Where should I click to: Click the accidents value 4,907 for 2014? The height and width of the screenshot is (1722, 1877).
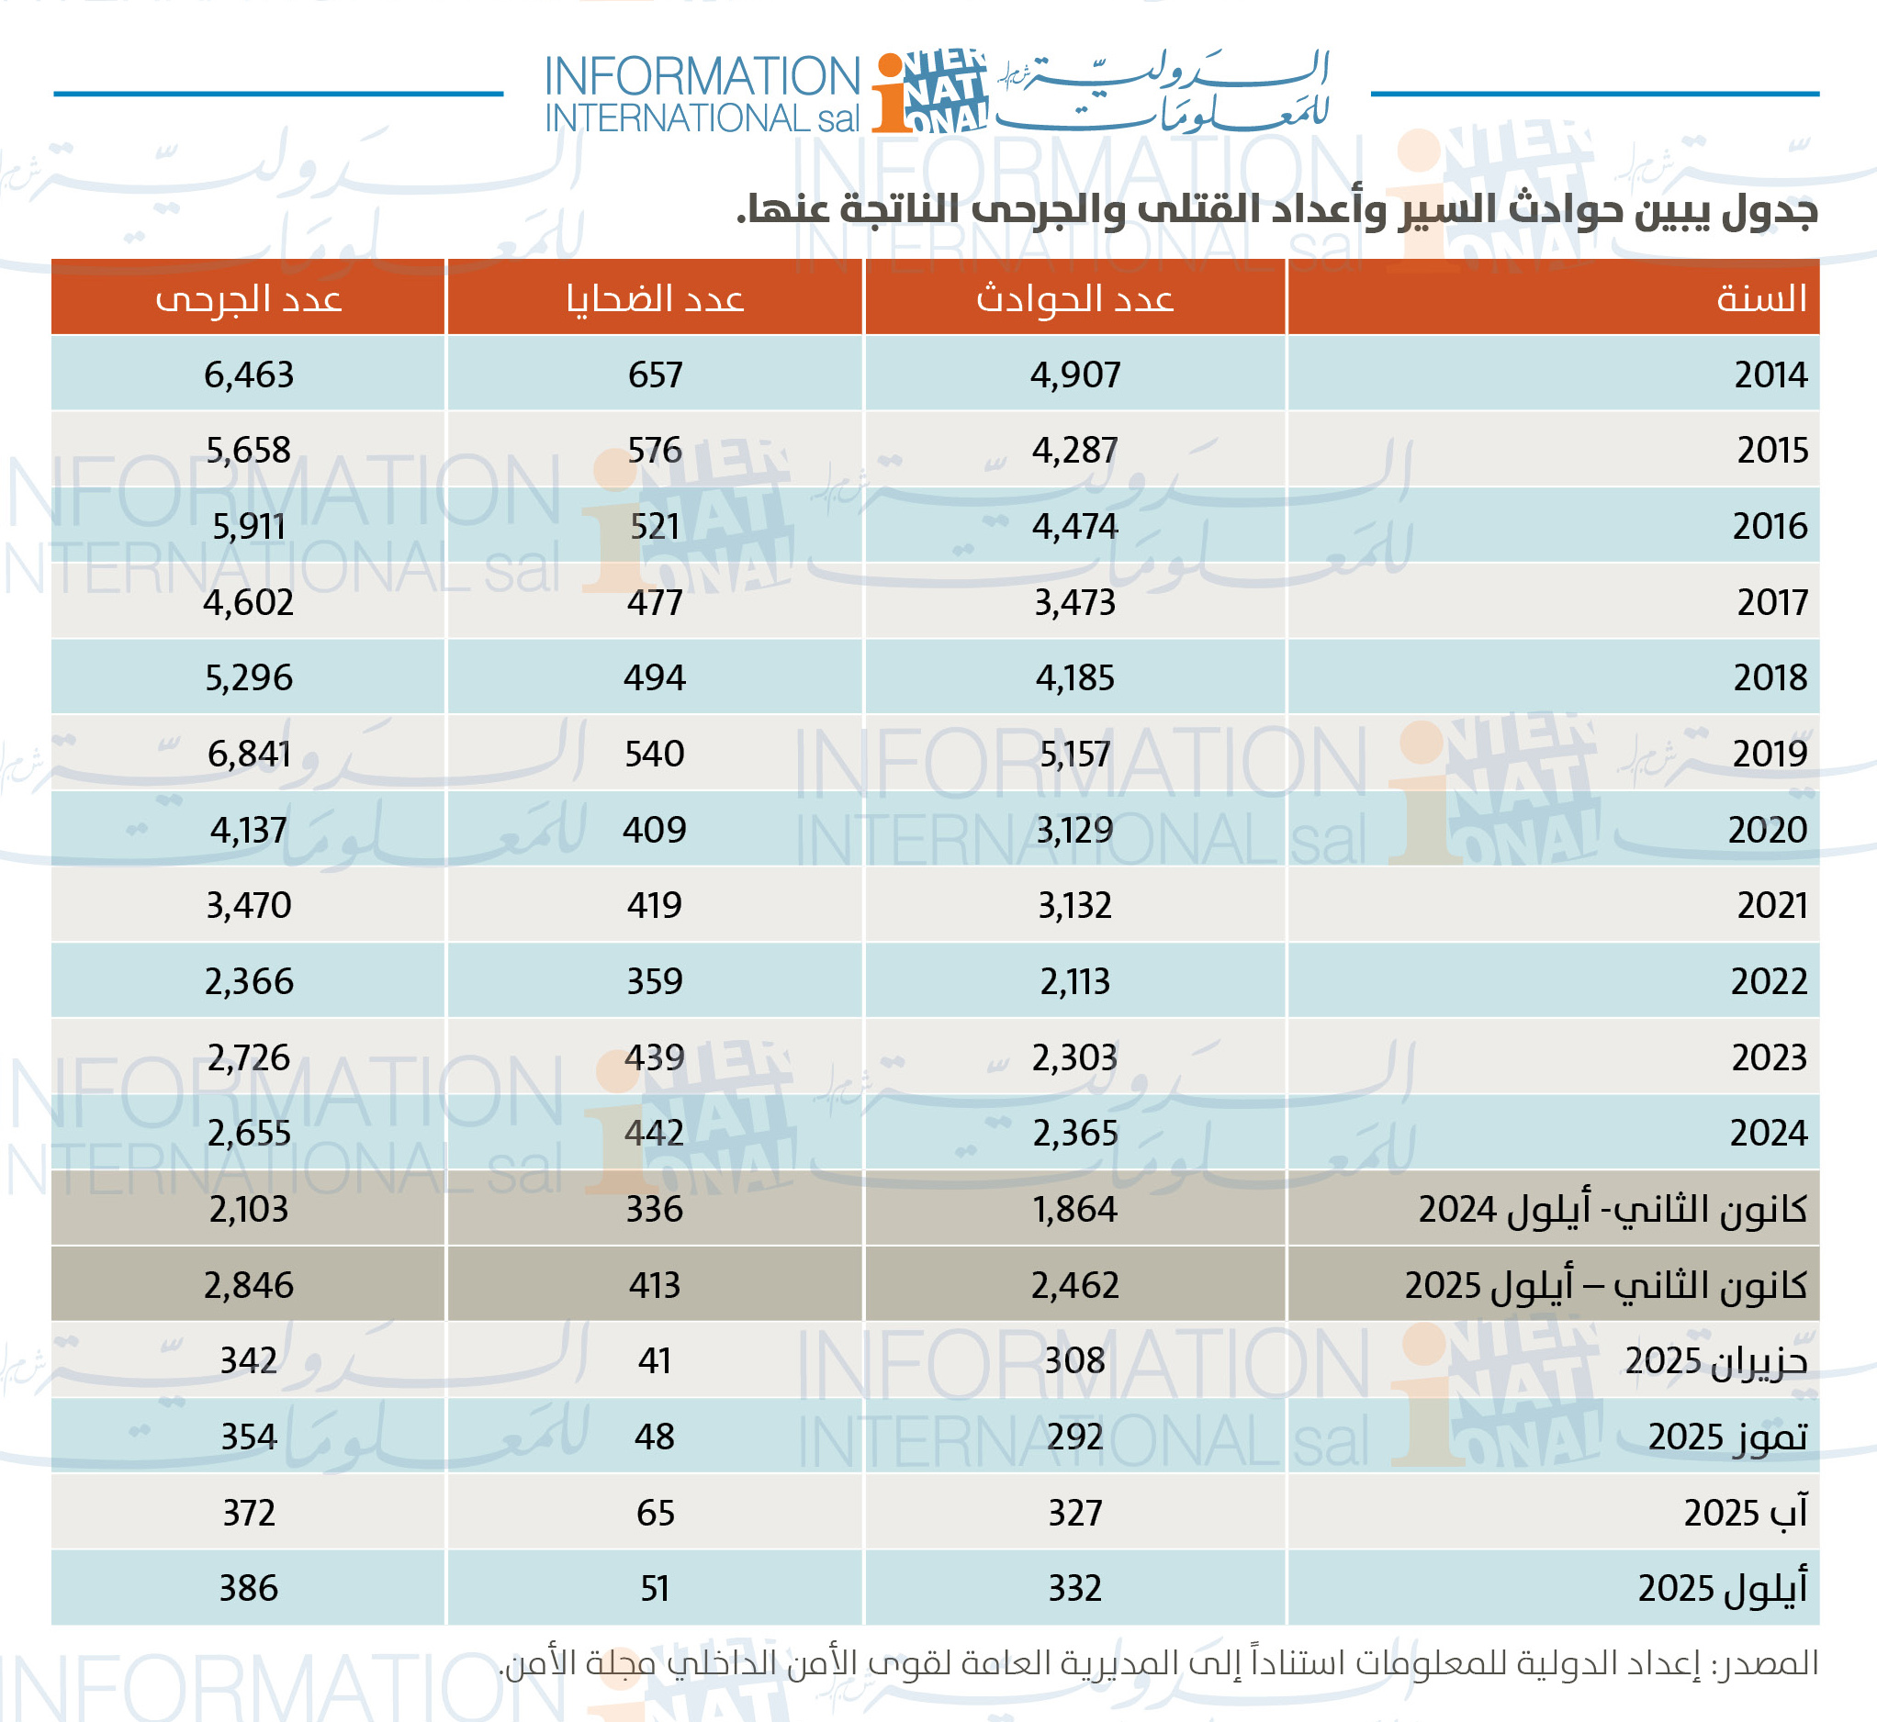(x=1074, y=375)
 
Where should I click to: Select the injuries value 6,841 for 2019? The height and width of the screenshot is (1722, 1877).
(x=249, y=753)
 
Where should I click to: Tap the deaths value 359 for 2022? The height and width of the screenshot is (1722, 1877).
(x=654, y=981)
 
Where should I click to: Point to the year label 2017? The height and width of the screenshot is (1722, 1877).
(x=1771, y=602)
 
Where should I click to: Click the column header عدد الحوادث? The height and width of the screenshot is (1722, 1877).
(x=1074, y=298)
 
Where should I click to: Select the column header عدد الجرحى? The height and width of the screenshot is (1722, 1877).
(x=249, y=298)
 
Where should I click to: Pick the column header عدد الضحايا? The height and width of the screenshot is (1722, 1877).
(x=654, y=298)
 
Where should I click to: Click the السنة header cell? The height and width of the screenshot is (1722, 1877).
(x=1760, y=298)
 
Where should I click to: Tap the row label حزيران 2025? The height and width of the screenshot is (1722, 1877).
(x=1715, y=1361)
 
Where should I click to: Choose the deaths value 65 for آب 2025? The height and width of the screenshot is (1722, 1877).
(x=654, y=1513)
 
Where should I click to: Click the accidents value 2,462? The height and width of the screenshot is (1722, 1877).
(x=1074, y=1285)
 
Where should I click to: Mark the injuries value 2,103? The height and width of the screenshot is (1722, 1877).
(x=249, y=1210)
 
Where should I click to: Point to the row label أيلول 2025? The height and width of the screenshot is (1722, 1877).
(x=1723, y=1589)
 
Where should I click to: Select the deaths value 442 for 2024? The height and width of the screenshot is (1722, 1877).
(x=654, y=1133)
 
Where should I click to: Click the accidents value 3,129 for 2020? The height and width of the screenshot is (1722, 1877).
(x=1074, y=829)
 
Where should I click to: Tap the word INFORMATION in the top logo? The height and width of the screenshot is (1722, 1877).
(x=702, y=76)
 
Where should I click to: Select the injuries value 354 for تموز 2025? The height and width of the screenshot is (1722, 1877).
(x=249, y=1437)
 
